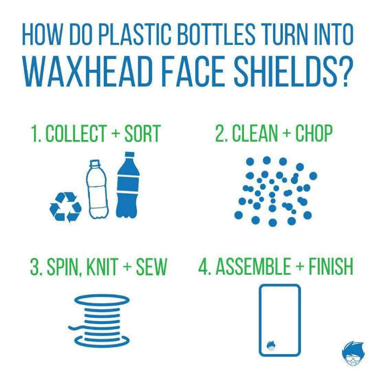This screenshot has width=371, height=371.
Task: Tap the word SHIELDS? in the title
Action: tap(291, 72)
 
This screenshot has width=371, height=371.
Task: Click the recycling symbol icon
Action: tap(65, 207)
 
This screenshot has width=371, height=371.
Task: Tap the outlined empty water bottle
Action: tap(97, 189)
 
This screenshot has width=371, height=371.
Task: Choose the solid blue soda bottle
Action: tap(128, 185)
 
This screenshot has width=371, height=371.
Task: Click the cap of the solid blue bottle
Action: tap(129, 155)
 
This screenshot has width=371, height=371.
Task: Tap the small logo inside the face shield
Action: tap(271, 346)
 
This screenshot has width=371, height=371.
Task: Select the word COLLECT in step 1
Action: tap(76, 134)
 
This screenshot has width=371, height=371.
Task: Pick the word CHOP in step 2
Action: tap(314, 133)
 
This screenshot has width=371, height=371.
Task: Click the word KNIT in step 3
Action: tap(102, 267)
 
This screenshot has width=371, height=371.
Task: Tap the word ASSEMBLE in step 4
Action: tap(253, 267)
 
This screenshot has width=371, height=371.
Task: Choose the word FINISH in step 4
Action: tap(331, 267)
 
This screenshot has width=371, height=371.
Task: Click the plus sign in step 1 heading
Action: tap(116, 134)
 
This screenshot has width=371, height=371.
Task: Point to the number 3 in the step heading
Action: tap(35, 267)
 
